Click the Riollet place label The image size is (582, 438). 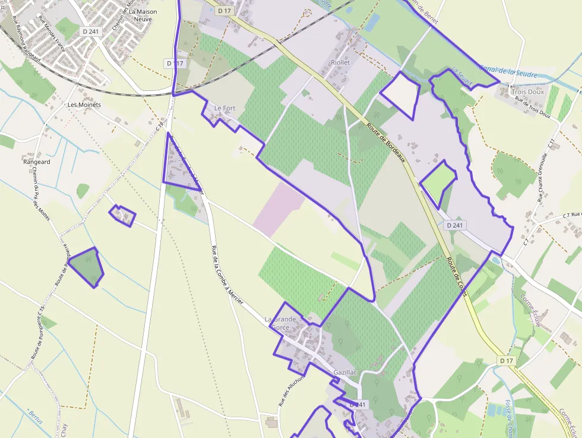[x=340, y=62]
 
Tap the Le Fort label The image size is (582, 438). [x=225, y=108]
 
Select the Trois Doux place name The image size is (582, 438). [x=527, y=92]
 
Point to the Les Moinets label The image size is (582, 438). [x=84, y=105]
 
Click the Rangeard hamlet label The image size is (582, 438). [x=37, y=162]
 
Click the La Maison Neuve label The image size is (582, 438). [x=140, y=15]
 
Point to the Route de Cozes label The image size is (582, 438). [x=457, y=276]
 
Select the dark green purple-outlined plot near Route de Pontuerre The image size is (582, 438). [x=87, y=266]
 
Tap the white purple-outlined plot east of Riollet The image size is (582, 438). [x=400, y=94]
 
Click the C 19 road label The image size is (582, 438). [x=159, y=127]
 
